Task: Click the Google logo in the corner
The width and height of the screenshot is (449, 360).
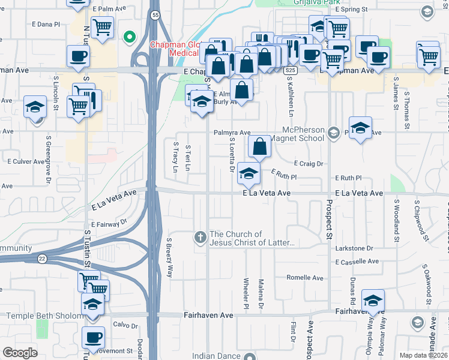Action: coord(20,353)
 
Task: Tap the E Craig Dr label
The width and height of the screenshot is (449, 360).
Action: coord(309,163)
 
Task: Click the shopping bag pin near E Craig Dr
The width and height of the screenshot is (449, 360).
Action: coord(259,146)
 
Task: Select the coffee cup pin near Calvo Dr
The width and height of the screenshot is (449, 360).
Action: coord(93,337)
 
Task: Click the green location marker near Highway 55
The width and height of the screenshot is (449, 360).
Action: coord(128,38)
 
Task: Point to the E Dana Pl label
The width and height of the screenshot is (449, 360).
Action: coord(46,25)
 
